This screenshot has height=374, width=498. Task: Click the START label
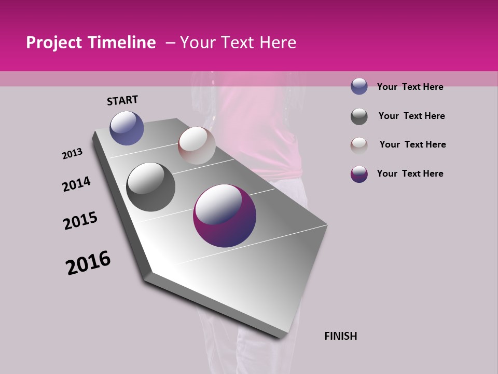[x=122, y=100]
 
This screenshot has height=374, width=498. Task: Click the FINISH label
[x=340, y=336]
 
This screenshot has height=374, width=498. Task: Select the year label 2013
[x=72, y=154]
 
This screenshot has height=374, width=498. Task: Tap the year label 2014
[x=76, y=184]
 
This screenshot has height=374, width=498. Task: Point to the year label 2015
[x=80, y=221]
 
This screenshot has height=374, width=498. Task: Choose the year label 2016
[x=88, y=263]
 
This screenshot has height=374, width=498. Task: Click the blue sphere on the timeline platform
[x=127, y=128]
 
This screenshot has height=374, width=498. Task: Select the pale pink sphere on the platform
[x=197, y=145]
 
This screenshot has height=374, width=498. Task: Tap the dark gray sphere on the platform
[x=150, y=187]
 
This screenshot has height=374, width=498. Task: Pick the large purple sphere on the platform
[x=225, y=216]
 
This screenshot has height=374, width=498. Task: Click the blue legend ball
[x=359, y=87]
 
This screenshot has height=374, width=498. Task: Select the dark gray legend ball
[x=359, y=116]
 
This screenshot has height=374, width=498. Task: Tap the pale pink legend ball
[x=359, y=145]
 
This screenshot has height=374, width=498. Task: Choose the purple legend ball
[x=359, y=174]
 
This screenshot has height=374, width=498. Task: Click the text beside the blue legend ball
[x=410, y=87]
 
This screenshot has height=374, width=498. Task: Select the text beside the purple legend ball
[x=410, y=173]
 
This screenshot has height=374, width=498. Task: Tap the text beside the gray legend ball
[x=411, y=116]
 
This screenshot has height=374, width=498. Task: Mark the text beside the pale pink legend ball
[x=412, y=144]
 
